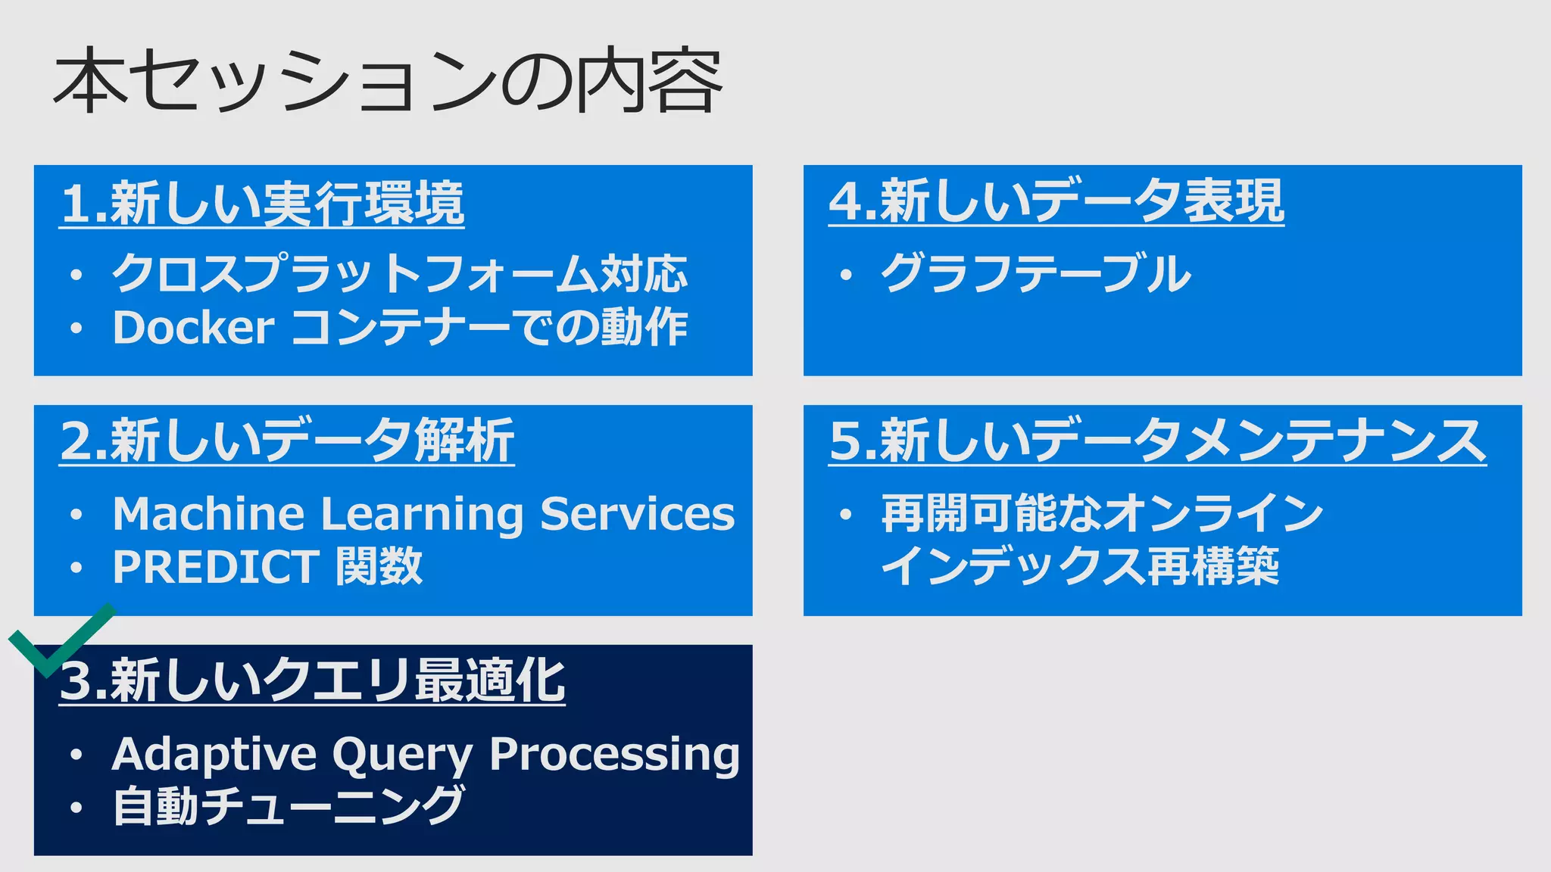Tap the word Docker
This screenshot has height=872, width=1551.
(193, 328)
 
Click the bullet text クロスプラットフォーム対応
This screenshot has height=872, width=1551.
(400, 273)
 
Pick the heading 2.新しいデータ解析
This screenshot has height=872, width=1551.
(287, 441)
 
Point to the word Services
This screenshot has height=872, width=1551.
(637, 514)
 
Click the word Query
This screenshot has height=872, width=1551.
(402, 755)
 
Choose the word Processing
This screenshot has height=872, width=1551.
(614, 755)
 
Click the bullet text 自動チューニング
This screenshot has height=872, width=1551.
(288, 806)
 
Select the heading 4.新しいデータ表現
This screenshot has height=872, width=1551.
(1056, 201)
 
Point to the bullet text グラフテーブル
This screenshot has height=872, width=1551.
(1036, 273)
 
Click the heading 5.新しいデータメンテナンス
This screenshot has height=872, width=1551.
(1157, 441)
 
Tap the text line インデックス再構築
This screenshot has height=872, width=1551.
(1080, 567)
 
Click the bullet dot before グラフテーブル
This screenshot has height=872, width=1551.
(846, 275)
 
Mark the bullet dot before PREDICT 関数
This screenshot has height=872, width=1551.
(76, 568)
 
